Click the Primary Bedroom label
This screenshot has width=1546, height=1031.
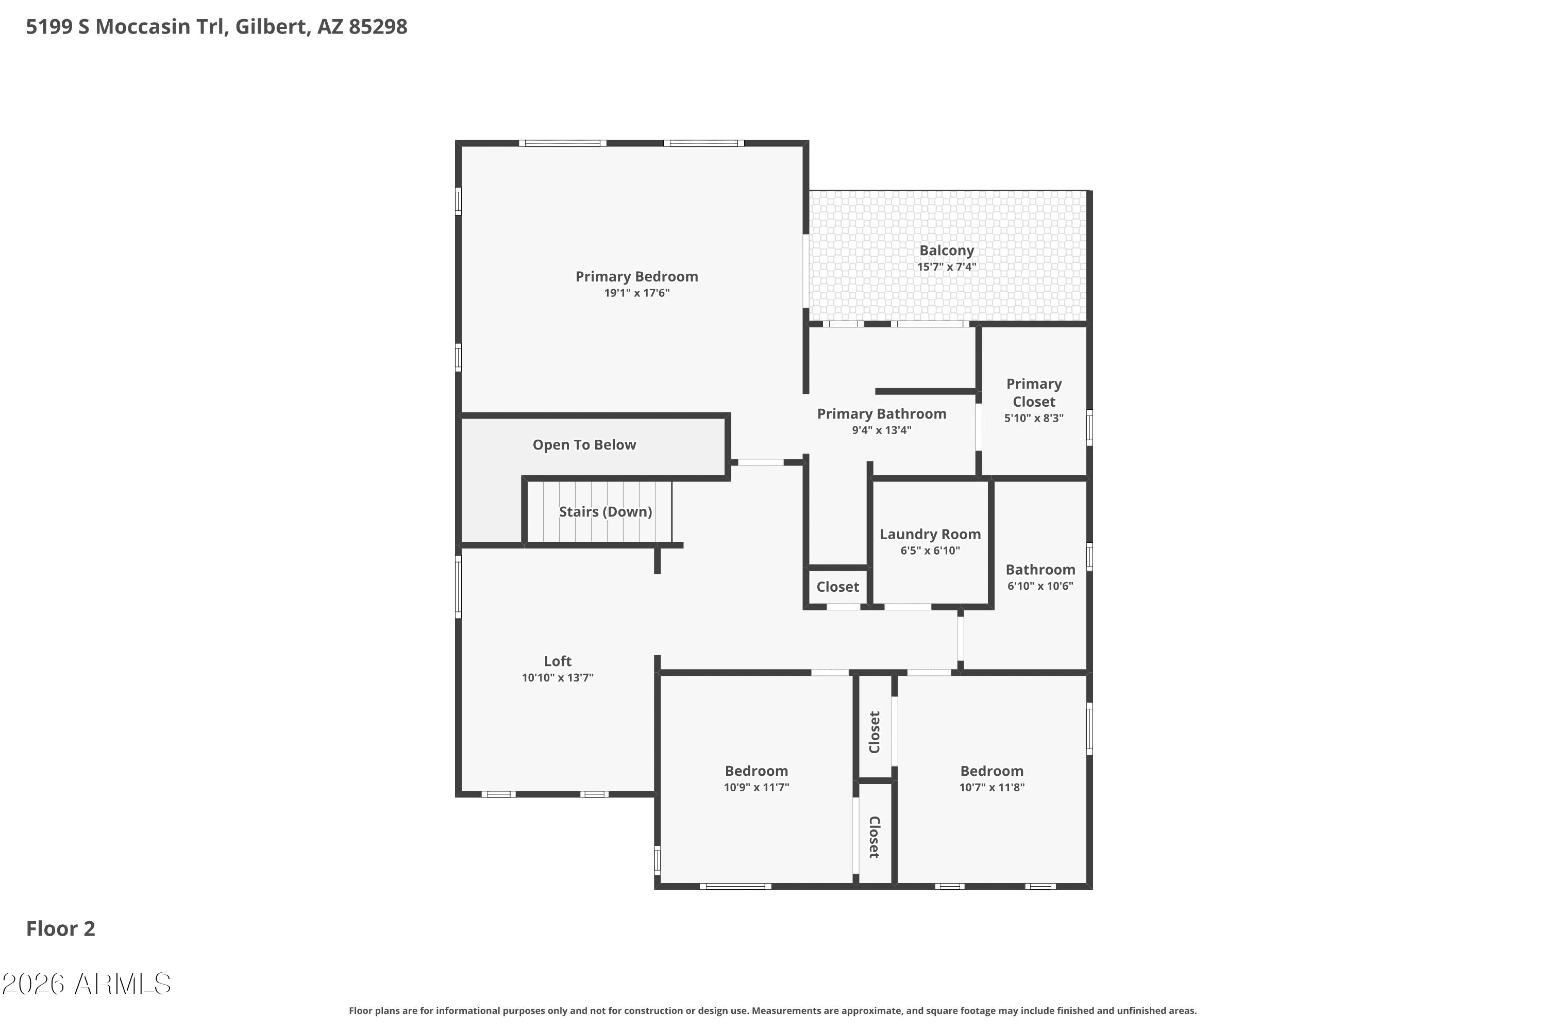point(636,277)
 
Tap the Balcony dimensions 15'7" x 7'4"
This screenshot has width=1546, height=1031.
point(947,267)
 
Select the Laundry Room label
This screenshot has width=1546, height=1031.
point(930,535)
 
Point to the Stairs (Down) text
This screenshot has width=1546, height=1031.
point(606,511)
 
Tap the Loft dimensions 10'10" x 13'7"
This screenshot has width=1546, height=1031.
point(558,678)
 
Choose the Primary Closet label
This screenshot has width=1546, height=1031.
point(1033,392)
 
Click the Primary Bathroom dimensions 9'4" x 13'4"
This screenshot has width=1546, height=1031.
point(881,430)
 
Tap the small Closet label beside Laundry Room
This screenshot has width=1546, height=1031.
point(837,587)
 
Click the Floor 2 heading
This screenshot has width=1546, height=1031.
point(60,928)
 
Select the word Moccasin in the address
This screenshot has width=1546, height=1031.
point(143,27)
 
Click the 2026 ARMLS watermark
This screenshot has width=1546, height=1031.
point(86,984)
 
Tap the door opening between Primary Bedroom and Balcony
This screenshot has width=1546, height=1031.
point(806,271)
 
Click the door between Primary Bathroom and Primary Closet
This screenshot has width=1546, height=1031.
point(979,427)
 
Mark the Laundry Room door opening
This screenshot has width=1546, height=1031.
point(907,606)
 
